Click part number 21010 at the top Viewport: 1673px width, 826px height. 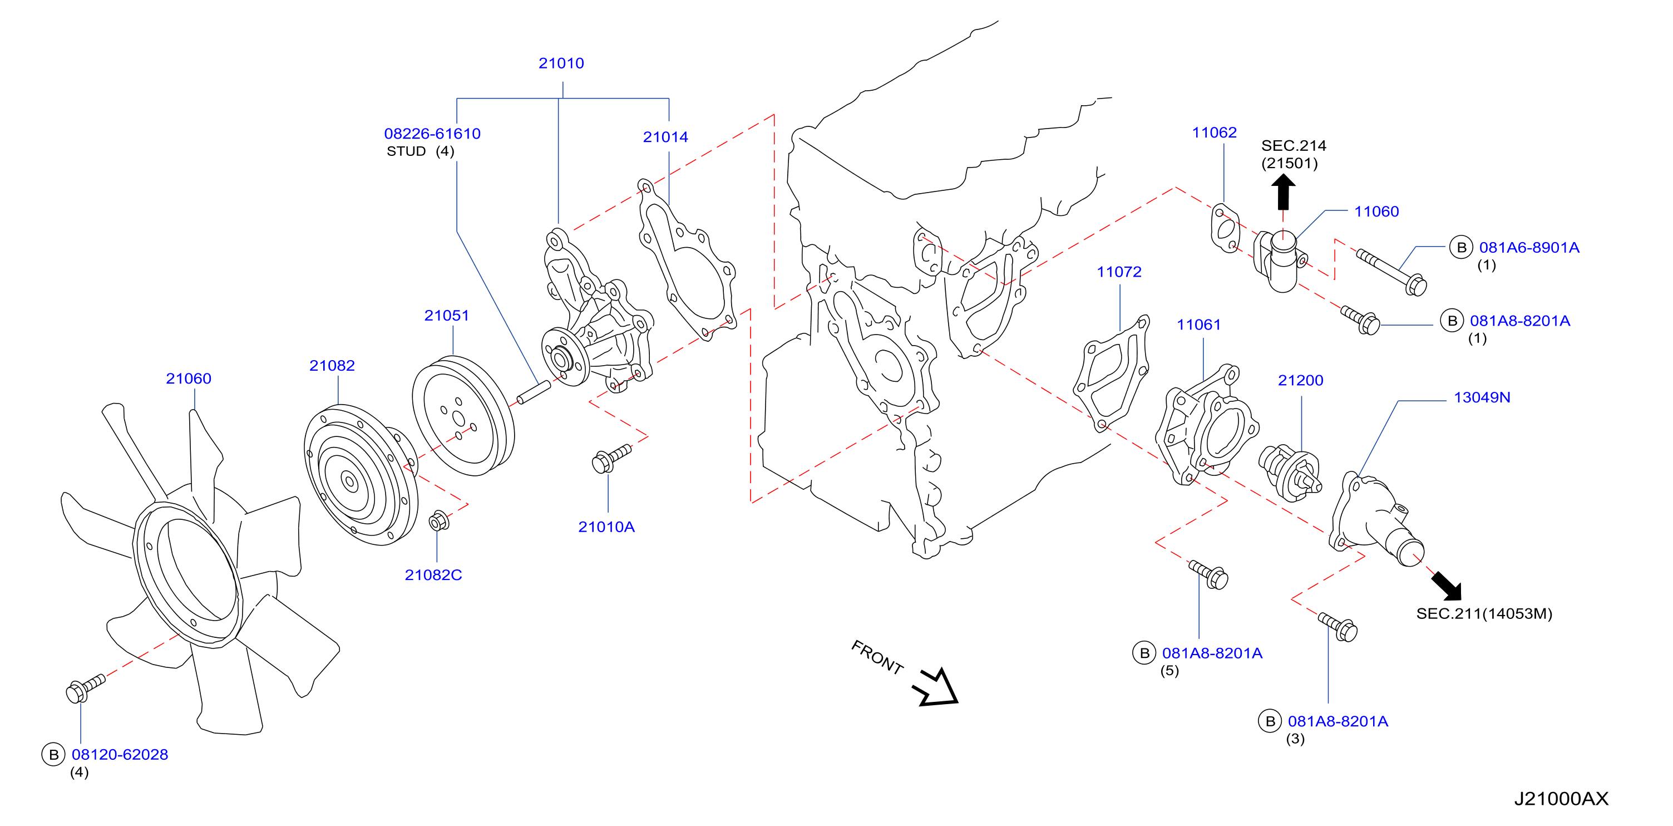coord(561,63)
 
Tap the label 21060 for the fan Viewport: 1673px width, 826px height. coord(189,378)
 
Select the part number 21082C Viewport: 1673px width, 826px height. coord(433,575)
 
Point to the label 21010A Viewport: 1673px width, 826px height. coord(606,527)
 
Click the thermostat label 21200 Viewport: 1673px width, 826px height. coord(1300,380)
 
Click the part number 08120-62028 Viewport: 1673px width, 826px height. coord(120,755)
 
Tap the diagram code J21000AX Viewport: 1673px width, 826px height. coord(1561,799)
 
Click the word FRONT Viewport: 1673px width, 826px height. coord(877,657)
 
